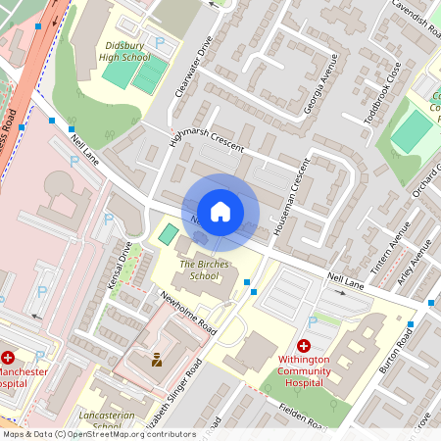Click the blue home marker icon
(220, 211)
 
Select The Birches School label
(198, 269)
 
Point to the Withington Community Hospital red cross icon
(303, 347)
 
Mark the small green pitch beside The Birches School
(169, 235)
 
